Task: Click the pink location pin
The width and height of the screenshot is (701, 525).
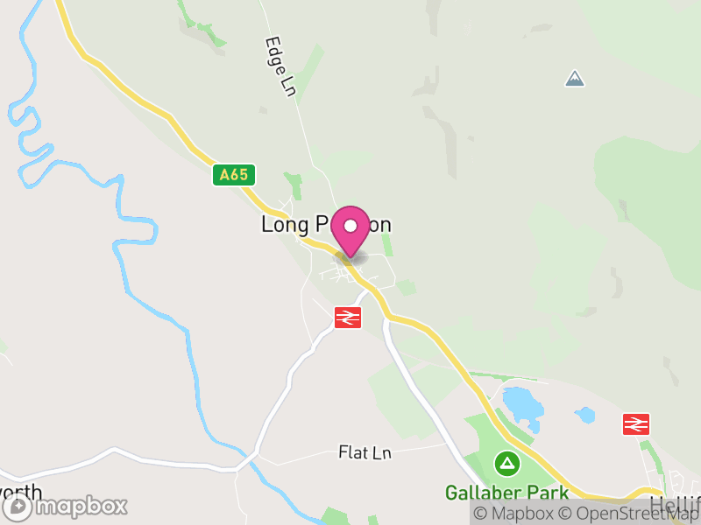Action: pos(351,230)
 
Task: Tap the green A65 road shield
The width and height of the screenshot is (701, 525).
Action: pos(234,175)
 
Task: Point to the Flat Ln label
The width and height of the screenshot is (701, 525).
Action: pos(365,452)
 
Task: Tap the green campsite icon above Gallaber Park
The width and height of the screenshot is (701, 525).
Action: pos(506,461)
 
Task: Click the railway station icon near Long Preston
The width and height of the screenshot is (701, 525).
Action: pos(348,317)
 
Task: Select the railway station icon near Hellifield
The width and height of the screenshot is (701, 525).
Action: pos(635,423)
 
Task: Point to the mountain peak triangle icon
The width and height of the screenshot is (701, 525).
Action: pos(575,79)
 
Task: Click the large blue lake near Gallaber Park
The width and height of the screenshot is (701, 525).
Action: pos(522,404)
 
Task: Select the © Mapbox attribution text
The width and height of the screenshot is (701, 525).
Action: pos(514,514)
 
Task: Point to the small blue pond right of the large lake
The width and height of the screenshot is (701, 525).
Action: pos(585,413)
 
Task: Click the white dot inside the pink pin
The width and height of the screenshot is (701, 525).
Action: pos(351,226)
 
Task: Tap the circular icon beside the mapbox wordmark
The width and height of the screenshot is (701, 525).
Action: pos(18,507)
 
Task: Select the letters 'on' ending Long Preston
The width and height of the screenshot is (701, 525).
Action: pos(379,225)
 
